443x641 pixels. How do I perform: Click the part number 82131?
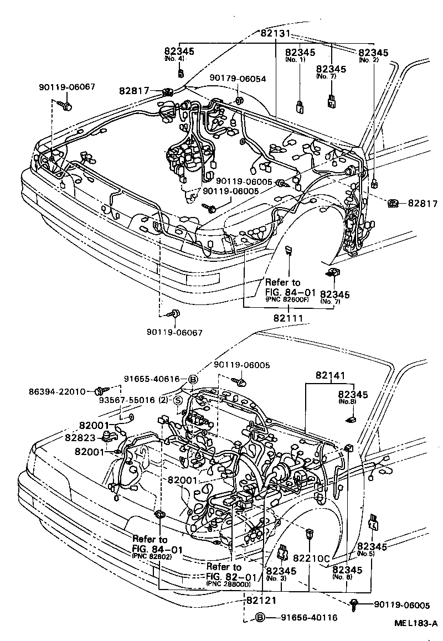click(x=275, y=33)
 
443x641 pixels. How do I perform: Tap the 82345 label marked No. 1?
click(x=300, y=53)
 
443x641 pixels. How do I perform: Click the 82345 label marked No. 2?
click(x=373, y=53)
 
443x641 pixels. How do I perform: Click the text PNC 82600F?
click(x=287, y=299)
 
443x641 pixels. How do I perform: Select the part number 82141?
click(x=331, y=376)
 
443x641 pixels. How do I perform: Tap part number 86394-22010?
click(x=58, y=391)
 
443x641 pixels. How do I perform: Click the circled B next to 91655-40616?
click(x=193, y=380)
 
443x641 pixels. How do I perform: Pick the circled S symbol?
click(x=178, y=401)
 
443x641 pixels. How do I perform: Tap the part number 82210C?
click(x=311, y=559)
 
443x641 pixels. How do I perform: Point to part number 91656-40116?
click(x=308, y=618)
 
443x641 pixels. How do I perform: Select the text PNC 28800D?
click(x=228, y=584)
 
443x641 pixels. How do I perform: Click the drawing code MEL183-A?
click(x=415, y=623)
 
